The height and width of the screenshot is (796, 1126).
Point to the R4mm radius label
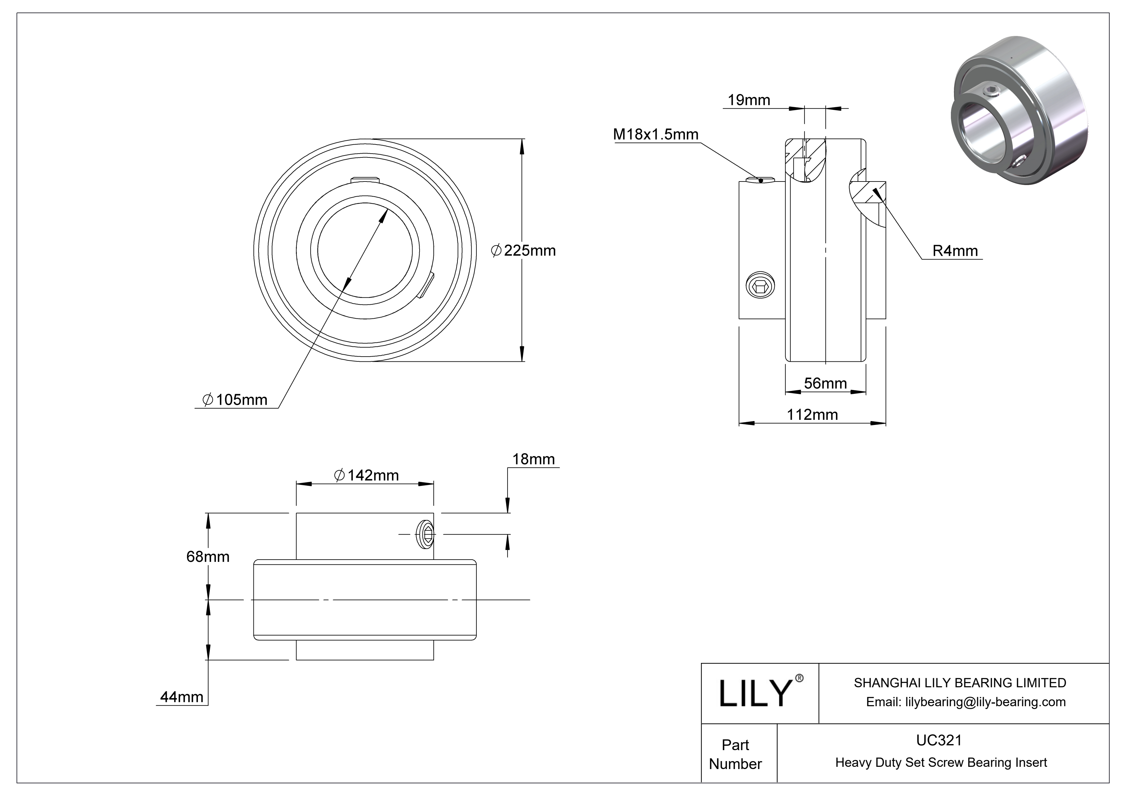pos(954,251)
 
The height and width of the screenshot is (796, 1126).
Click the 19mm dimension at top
pos(748,100)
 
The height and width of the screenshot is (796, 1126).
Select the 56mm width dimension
pos(825,383)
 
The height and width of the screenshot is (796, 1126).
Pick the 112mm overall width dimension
pos(812,415)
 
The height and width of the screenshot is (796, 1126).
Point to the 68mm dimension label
pos(208,556)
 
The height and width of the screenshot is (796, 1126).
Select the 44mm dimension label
pos(182,697)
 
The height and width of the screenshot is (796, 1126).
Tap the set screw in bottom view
pos(426,534)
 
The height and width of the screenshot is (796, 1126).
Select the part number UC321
pos(939,740)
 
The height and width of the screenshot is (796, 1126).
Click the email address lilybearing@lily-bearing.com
pos(965,702)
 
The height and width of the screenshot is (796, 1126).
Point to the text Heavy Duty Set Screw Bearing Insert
pos(941,762)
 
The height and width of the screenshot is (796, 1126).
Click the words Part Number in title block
pos(735,754)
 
